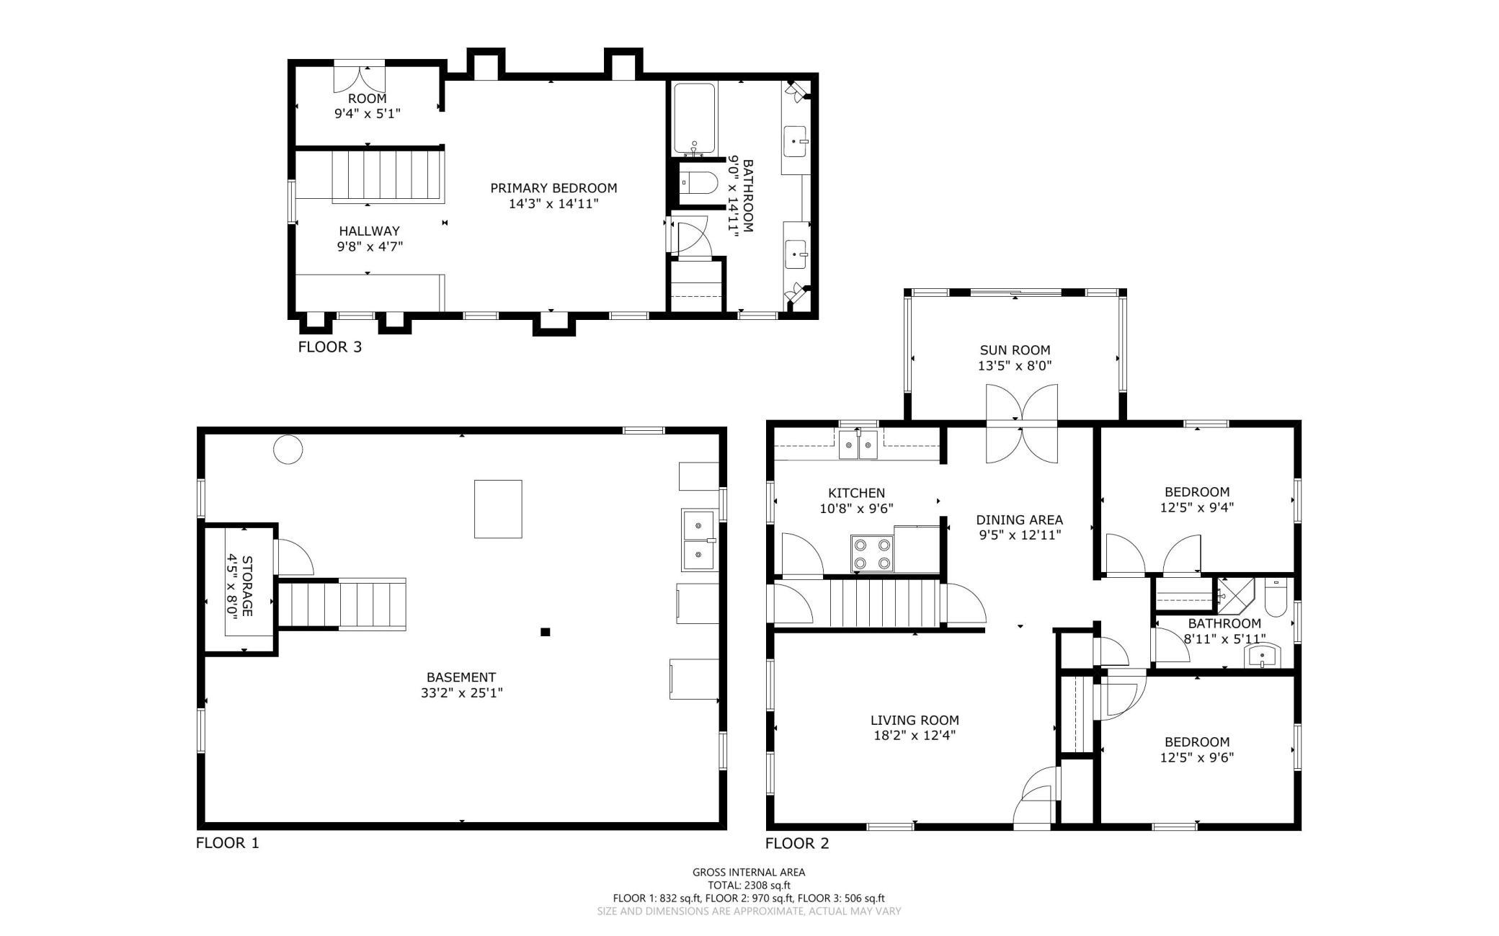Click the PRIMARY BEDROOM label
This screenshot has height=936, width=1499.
pyautogui.click(x=553, y=188)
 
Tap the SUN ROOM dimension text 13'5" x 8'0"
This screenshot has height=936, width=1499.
pyautogui.click(x=1015, y=365)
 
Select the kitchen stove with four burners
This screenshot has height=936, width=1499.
pyautogui.click(x=872, y=553)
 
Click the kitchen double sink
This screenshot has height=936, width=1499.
pyautogui.click(x=858, y=445)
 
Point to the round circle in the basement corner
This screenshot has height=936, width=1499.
pyautogui.click(x=288, y=450)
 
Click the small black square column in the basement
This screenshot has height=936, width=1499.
pyautogui.click(x=546, y=632)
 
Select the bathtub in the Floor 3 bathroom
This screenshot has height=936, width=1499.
pyautogui.click(x=695, y=119)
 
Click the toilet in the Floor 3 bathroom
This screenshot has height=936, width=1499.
pyautogui.click(x=698, y=184)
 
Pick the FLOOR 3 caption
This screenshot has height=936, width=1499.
pyautogui.click(x=330, y=347)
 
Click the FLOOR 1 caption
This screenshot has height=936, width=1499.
pyautogui.click(x=227, y=843)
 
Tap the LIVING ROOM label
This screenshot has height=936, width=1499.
pyautogui.click(x=915, y=720)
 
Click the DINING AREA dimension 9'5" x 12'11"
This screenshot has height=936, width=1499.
pyautogui.click(x=1020, y=535)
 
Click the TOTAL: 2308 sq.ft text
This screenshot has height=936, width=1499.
pyautogui.click(x=749, y=886)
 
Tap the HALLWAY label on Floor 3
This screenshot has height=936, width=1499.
pyautogui.click(x=369, y=231)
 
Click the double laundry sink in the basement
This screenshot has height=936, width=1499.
pyautogui.click(x=699, y=540)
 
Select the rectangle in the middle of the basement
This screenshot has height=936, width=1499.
pyautogui.click(x=498, y=509)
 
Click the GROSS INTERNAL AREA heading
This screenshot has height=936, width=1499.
pyautogui.click(x=749, y=872)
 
